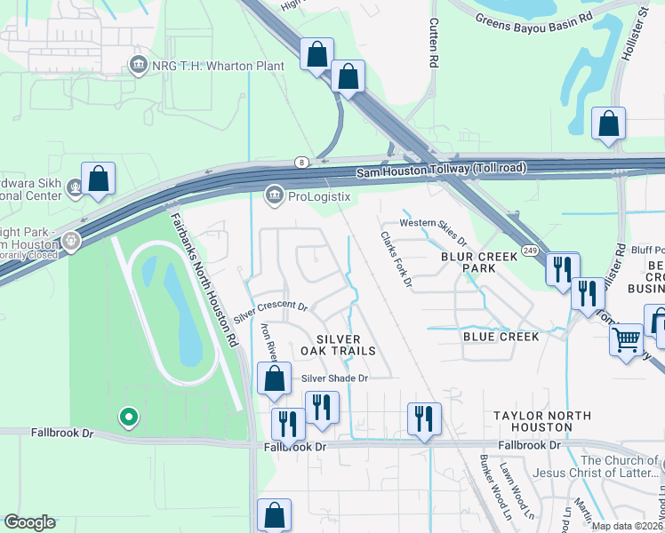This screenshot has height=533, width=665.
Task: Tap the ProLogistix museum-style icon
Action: point(275,195)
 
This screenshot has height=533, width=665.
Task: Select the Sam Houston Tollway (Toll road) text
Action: point(441,169)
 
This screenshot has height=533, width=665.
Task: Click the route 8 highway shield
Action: point(301,163)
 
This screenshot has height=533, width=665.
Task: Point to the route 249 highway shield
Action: point(528,251)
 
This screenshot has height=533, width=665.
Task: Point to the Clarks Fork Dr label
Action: point(397,259)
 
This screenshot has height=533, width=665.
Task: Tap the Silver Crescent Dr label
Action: point(270,312)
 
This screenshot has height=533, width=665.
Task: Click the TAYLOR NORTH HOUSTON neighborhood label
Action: point(542,423)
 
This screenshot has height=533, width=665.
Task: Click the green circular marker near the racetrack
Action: point(129,416)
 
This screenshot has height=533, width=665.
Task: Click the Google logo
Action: point(29,522)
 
